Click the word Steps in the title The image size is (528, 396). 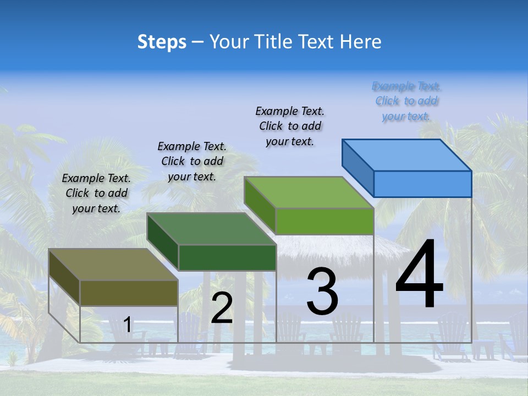coord(162,42)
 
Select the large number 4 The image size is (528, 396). coord(419,275)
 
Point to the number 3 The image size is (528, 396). coord(322,291)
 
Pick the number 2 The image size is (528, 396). coord(222,308)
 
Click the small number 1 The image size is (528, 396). coord(127,324)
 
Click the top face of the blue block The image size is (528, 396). coord(407,155)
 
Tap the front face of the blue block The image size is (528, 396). coord(422,184)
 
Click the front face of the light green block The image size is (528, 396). coord(324,221)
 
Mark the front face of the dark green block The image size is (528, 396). coord(227,257)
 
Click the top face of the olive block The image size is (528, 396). coord(113,265)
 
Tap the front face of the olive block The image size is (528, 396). coord(129,293)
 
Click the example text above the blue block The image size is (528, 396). coord(406,101)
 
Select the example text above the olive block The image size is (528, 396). coord(96,193)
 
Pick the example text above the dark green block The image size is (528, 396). coord(192,161)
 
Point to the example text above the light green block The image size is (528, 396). coord(290,126)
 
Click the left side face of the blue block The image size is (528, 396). coord(358,167)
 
